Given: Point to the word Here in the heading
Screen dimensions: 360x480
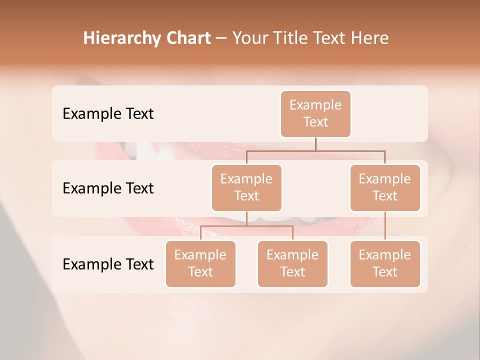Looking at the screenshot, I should [x=369, y=38].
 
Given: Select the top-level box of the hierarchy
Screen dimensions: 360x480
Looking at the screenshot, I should [x=315, y=114].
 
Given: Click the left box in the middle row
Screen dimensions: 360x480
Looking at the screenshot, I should [x=246, y=188].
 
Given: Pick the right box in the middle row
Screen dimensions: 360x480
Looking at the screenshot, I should [x=385, y=188].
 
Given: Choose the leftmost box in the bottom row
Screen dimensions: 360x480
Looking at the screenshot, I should [x=200, y=264].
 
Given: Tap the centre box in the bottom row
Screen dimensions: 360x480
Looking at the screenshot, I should [x=292, y=264].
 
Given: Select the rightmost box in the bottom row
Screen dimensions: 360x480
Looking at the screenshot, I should [x=385, y=264].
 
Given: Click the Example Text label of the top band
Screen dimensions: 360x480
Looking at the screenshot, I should [x=108, y=114].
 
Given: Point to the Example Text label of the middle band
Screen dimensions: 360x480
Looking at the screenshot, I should [x=108, y=188].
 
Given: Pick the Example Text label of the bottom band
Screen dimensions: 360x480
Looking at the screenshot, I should [x=108, y=264].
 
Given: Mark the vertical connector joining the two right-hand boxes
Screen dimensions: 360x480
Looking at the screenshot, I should [x=385, y=226].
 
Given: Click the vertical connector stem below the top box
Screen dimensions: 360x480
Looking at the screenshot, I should [x=315, y=144].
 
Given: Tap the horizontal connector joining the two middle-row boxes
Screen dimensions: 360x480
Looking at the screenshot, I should [x=315, y=150].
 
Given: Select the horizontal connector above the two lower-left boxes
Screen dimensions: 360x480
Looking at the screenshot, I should [x=246, y=226].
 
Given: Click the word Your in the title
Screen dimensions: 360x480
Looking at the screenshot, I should [x=250, y=38].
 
